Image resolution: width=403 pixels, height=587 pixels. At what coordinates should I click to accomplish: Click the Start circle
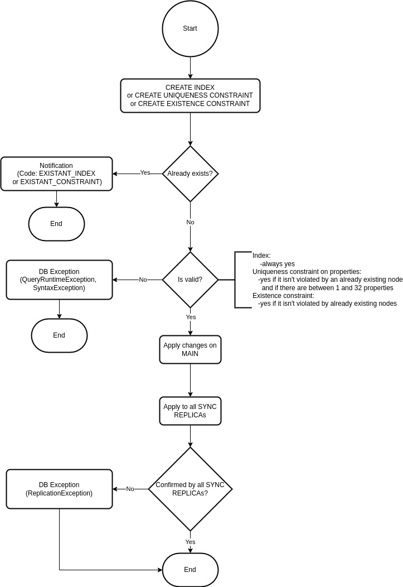pos(190,28)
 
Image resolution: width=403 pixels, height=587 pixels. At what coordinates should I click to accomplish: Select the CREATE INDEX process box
pos(190,95)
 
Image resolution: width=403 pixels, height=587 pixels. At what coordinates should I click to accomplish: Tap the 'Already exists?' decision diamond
pos(190,174)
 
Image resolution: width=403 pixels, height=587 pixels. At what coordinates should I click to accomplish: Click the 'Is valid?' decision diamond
pos(190,280)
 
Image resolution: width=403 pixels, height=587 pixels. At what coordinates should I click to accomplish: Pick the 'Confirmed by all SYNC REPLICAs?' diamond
pos(190,489)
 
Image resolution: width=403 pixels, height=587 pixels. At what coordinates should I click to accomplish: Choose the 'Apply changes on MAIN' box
pos(190,349)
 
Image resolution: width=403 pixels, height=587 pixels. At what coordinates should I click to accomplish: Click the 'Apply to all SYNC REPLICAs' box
pos(190,411)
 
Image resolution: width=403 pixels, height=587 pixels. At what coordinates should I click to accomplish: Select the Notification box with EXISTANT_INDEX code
pos(56,174)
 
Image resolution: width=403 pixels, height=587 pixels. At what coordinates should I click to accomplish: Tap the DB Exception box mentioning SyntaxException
pos(59,280)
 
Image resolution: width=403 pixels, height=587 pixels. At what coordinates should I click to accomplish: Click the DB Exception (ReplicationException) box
pos(59,489)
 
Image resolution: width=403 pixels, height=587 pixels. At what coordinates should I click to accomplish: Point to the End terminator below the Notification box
pos(56,224)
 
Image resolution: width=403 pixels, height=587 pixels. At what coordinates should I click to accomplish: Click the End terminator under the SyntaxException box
pos(59,335)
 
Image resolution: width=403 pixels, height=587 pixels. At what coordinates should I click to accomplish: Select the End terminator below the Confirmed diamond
pos(190,570)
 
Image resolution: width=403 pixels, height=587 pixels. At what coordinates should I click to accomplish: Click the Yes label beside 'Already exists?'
pos(145,172)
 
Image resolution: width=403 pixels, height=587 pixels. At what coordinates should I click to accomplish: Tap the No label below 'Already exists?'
pos(190,223)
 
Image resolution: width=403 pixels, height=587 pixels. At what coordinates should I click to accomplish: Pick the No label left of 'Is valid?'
pos(143,280)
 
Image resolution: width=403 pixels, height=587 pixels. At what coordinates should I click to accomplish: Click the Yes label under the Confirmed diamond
pos(190,542)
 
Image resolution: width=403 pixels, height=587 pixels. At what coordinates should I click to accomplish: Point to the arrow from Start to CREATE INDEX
pos(190,68)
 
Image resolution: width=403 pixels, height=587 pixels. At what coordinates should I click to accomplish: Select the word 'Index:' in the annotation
pos(261,256)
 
